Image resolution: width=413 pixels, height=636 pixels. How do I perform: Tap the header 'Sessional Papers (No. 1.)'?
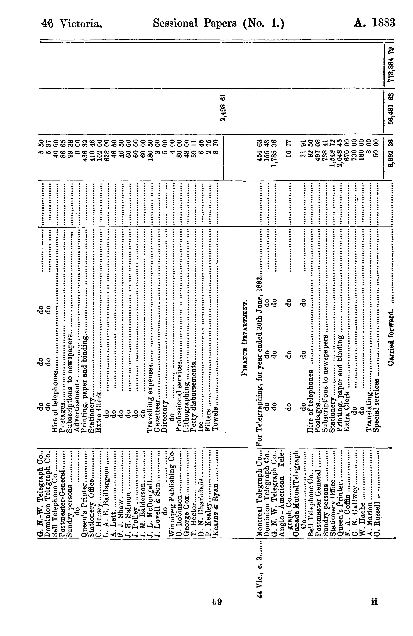218,23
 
